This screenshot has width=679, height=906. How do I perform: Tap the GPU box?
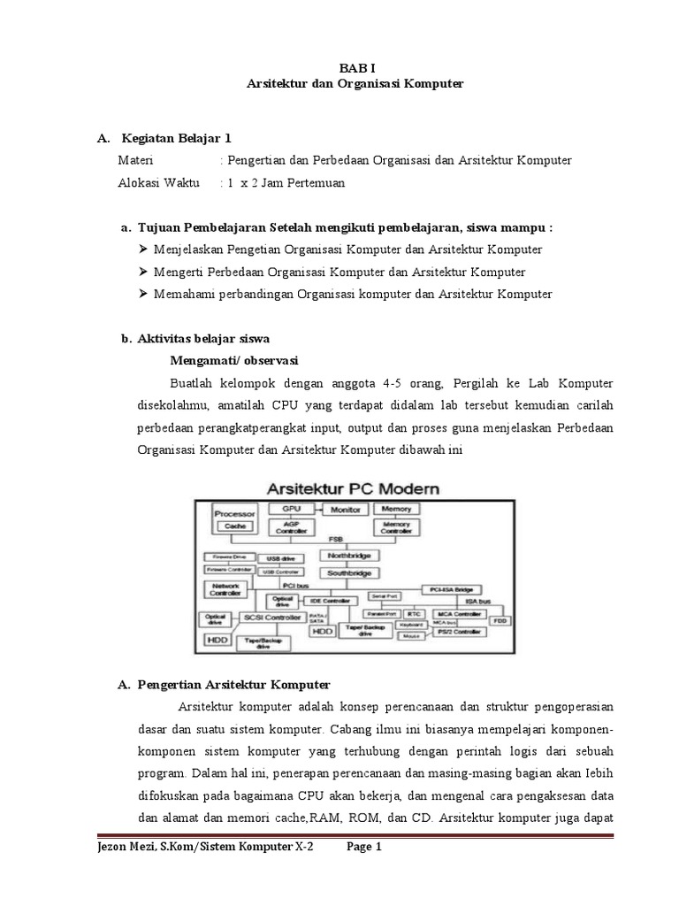point(291,510)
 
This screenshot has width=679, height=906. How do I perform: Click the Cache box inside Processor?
point(234,526)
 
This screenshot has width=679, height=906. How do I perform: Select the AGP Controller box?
point(291,527)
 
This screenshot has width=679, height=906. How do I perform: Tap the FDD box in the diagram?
point(500,620)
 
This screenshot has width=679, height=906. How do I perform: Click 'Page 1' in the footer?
point(363,847)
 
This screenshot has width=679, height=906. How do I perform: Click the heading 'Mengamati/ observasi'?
point(233,360)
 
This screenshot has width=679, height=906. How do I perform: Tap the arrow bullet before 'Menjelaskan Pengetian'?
point(145,250)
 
